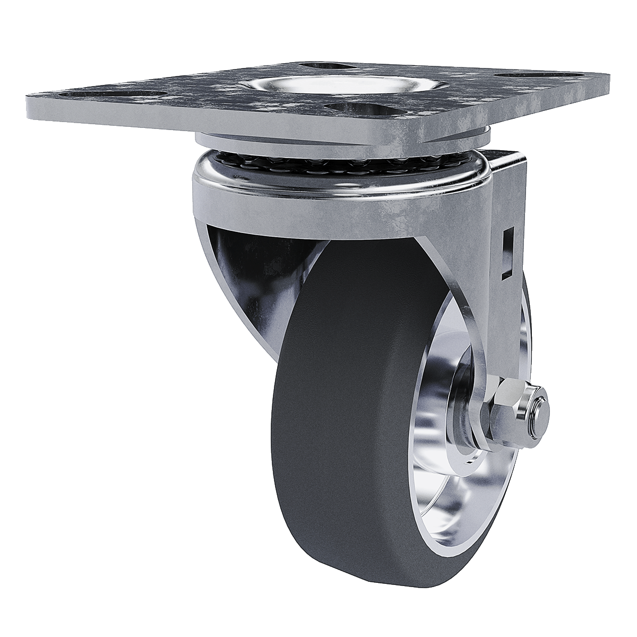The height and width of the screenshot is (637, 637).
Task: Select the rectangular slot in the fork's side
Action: pos(507,253)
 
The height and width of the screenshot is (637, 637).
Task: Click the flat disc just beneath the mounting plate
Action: pos(340,139)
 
